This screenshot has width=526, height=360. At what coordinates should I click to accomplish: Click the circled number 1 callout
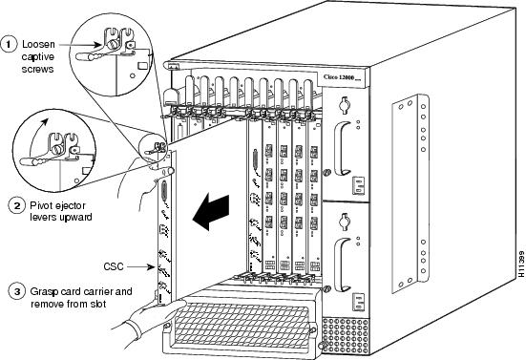(11, 42)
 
